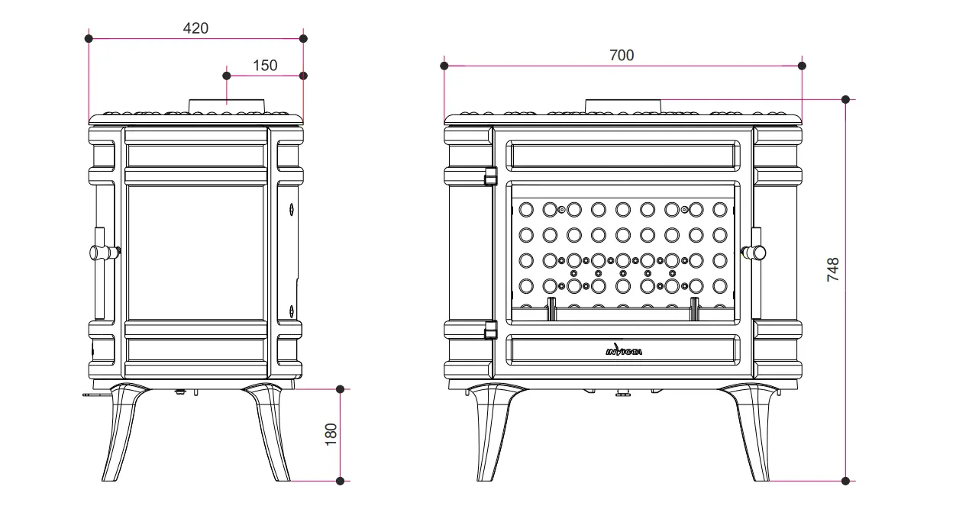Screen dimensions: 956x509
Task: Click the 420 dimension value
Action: point(196,28)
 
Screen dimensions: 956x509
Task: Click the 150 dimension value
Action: point(265,66)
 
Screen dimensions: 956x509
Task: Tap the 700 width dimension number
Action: point(622,55)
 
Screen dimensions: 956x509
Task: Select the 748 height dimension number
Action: point(832,269)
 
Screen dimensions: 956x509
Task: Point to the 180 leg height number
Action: point(331,434)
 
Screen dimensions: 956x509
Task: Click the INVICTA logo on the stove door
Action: point(624,350)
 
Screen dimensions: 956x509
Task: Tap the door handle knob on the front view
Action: point(754,253)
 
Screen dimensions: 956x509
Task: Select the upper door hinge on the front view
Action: point(491,176)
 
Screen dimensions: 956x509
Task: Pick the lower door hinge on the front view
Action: point(491,330)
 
